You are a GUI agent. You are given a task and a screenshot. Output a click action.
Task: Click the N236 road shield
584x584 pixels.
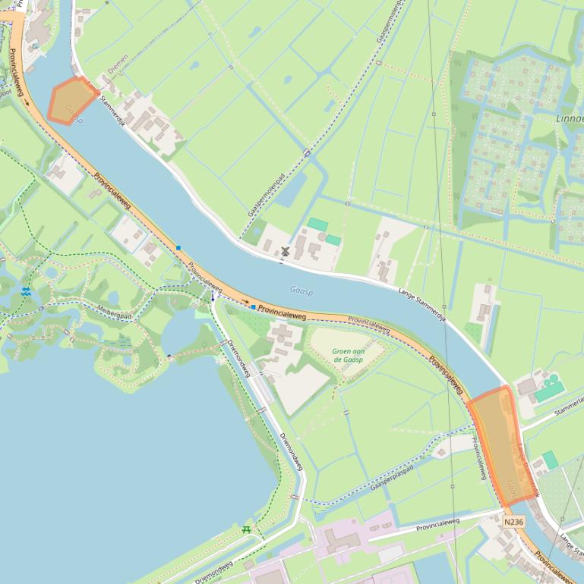tap(514, 522)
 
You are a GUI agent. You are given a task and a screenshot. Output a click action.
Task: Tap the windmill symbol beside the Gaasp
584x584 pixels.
tap(286, 251)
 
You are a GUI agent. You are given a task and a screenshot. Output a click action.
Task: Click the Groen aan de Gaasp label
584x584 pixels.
tap(347, 355)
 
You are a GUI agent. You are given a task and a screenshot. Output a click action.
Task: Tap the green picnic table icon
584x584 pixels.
tap(245, 529)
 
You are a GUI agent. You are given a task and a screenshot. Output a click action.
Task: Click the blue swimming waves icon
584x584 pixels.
tap(27, 291)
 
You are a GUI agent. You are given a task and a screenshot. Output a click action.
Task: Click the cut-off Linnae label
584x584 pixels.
tap(569, 118)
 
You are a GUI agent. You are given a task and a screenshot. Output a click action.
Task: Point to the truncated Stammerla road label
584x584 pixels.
tap(568, 410)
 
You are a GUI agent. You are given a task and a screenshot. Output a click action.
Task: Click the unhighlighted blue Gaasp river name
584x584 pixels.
tap(301, 290)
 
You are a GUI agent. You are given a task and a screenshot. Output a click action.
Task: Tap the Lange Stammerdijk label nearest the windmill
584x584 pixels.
tap(421, 302)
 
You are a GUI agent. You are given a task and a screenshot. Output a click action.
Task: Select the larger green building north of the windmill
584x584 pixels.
tap(318, 224)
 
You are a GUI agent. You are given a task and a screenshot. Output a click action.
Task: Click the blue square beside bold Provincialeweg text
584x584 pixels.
tap(253, 307)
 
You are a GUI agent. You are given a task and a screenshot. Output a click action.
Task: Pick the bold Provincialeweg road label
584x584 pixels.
tap(282, 310)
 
